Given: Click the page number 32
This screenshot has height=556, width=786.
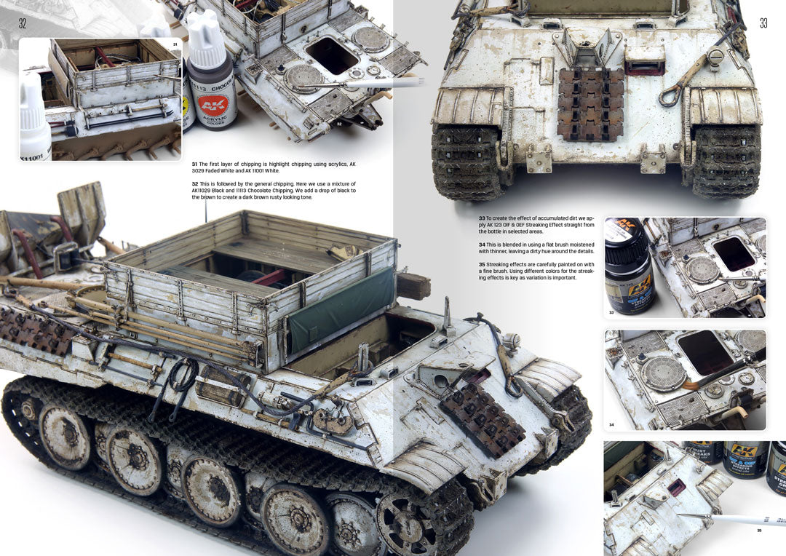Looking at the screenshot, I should pos(23,23).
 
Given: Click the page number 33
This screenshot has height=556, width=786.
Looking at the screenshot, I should pos(763,23).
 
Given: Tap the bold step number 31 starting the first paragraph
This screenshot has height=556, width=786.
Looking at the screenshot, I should pos(195,164).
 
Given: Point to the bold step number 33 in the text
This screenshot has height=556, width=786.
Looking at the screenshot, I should pos(482,218).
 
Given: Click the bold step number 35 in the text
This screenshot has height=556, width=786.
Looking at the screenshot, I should pos(482,264).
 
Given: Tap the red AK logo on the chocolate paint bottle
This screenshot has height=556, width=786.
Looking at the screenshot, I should pos(213,105).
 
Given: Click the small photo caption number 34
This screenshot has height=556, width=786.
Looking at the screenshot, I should pos(611,424).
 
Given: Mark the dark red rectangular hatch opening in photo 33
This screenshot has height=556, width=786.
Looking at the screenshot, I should pos(733,253).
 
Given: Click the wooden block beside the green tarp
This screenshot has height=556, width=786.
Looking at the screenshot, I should pos(413,287).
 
